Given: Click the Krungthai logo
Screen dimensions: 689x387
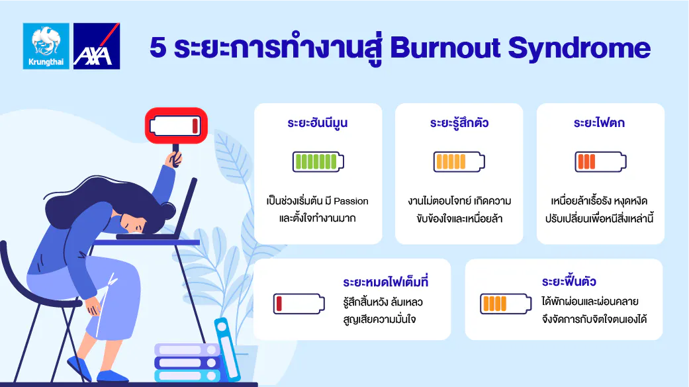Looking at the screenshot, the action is coord(46,46).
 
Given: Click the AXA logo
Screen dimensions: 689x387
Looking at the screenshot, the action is coord(97,46).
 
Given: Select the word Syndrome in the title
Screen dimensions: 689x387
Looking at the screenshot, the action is coord(579,49).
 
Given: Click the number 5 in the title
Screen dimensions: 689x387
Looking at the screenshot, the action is coord(158,48).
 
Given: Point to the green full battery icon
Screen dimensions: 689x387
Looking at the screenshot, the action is coord(318,161).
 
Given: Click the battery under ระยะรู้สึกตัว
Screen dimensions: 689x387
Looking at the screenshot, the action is coord(459,161).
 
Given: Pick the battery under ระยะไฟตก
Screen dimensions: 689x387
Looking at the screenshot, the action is coord(601,161).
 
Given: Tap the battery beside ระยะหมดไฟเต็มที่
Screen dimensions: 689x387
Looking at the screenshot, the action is coord(299,304).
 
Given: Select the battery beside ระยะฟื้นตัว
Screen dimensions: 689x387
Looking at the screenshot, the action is coord(506,304).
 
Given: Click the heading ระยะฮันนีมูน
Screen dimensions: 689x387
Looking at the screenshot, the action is coord(318,123).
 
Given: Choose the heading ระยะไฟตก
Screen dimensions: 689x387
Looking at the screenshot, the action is coord(600,123).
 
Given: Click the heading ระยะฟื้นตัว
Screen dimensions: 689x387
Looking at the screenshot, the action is coord(569,281).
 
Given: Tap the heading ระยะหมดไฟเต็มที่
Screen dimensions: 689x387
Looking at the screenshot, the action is coord(386,281).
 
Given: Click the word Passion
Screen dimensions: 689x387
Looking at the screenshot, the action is coord(351,201).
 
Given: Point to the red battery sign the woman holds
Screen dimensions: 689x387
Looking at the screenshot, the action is coord(176,126).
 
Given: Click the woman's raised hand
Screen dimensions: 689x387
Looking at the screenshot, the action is coord(175,159).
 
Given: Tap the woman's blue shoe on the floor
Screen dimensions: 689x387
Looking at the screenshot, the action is coord(112,376).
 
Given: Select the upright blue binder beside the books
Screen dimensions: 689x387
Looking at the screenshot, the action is coord(228,350).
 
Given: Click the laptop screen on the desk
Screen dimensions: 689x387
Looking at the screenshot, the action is coord(185,206).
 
